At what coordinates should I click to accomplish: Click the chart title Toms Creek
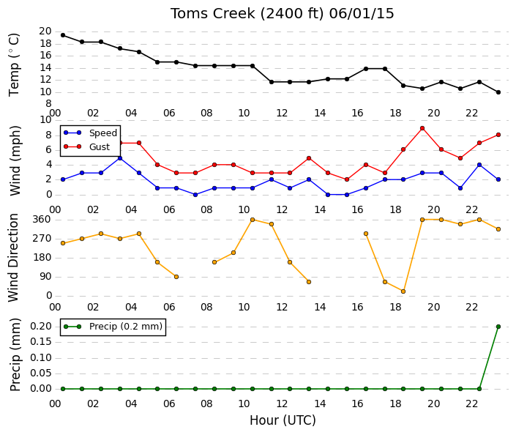[x=212, y=13]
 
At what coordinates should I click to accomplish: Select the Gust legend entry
[x=87, y=146]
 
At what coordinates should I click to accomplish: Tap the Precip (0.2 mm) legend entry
[x=113, y=327]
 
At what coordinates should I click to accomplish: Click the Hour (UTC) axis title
[x=283, y=420]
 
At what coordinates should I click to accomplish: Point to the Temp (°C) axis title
[x=14, y=64]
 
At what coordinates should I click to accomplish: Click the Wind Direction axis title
[x=13, y=258]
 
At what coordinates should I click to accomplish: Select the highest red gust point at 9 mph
[x=422, y=128]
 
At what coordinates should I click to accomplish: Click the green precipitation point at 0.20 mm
[x=498, y=327]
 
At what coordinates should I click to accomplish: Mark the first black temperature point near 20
[x=63, y=35]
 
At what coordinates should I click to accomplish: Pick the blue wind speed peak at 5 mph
[x=120, y=158]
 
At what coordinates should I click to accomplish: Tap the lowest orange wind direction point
[x=403, y=291]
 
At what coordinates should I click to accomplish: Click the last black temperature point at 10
[x=498, y=92]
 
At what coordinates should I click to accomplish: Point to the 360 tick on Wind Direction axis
[x=42, y=219]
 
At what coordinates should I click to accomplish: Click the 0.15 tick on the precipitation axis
[x=41, y=342]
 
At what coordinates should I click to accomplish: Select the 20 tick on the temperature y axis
[x=45, y=31]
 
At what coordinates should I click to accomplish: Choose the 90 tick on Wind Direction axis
[x=45, y=277]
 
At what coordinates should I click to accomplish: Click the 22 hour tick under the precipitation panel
[x=471, y=404]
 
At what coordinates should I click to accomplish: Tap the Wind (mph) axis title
[x=15, y=160]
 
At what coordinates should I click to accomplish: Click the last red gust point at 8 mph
[x=498, y=135]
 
